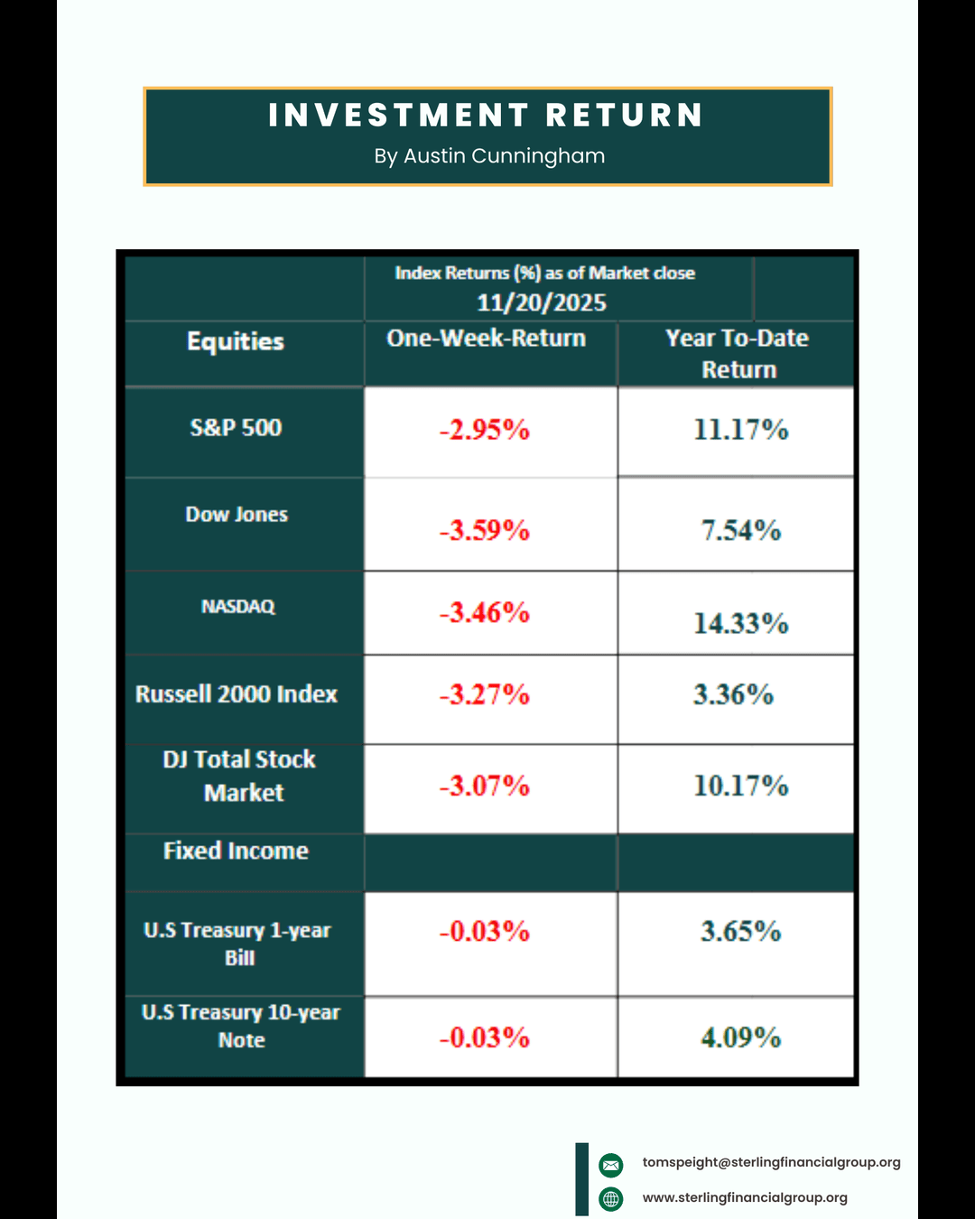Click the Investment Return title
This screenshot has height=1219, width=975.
point(486,116)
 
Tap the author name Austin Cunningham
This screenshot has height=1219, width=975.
point(489,156)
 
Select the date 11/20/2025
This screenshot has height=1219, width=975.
point(542,302)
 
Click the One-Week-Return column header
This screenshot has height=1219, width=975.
point(487,339)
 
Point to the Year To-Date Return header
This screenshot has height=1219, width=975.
point(738,353)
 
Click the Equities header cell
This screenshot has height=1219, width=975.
point(236,341)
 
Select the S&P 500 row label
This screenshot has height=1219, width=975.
point(236,428)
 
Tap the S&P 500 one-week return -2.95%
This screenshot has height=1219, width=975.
point(485,430)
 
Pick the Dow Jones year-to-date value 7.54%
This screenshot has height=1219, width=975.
point(741,530)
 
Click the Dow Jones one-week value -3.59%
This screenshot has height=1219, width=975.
point(485,530)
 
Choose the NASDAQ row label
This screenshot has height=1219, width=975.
point(238,607)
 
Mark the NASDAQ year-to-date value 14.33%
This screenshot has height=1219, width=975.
point(741,623)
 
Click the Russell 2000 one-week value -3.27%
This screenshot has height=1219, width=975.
point(485,694)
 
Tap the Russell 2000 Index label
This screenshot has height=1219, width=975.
point(237,694)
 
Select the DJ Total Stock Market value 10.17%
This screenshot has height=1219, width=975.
point(741,786)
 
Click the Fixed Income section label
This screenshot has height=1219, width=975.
point(236,851)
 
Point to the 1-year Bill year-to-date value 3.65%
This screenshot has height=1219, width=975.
point(741,931)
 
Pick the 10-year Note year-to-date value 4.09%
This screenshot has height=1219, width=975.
point(741,1038)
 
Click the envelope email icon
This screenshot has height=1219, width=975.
point(611,1165)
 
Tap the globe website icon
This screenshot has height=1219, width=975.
point(611,1199)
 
